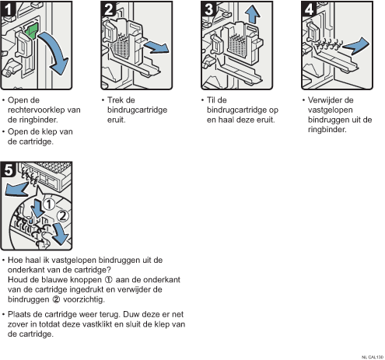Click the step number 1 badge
(x=8, y=9)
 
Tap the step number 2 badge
(x=108, y=9)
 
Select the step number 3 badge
(x=208, y=9)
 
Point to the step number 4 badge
(x=309, y=9)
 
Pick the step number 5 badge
(x=8, y=170)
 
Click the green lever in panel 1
(x=31, y=31)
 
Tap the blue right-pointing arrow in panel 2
(x=156, y=47)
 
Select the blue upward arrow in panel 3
(x=252, y=14)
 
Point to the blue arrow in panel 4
(x=356, y=46)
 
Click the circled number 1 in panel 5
(x=48, y=204)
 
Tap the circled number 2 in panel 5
(x=62, y=215)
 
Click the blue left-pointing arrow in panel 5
(x=16, y=189)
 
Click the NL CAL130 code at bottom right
(x=373, y=357)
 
